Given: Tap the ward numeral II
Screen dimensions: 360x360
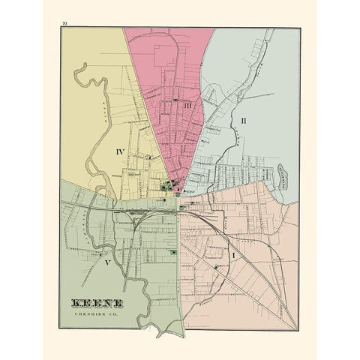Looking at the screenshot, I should [243, 119].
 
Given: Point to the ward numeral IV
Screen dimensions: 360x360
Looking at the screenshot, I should [120, 151].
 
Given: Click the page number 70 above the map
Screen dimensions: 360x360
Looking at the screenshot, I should [66, 25].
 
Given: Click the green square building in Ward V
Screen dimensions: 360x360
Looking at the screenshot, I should [175, 253].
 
